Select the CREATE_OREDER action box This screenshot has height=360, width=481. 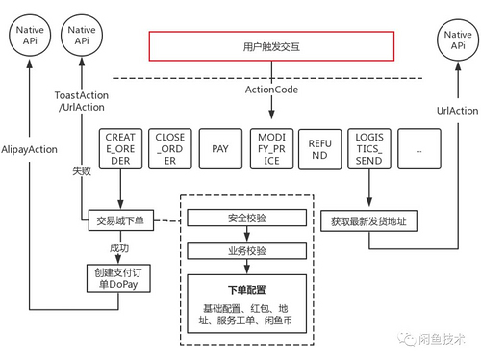click(120, 150)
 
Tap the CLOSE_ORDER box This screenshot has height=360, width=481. click(170, 150)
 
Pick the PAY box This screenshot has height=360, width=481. click(219, 150)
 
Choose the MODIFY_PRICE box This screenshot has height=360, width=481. click(270, 150)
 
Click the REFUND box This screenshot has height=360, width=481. click(319, 150)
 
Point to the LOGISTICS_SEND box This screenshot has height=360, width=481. click(369, 150)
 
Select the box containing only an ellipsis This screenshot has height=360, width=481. click(418, 150)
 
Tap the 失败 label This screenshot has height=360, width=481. click(82, 171)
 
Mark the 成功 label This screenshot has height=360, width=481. click(118, 247)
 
